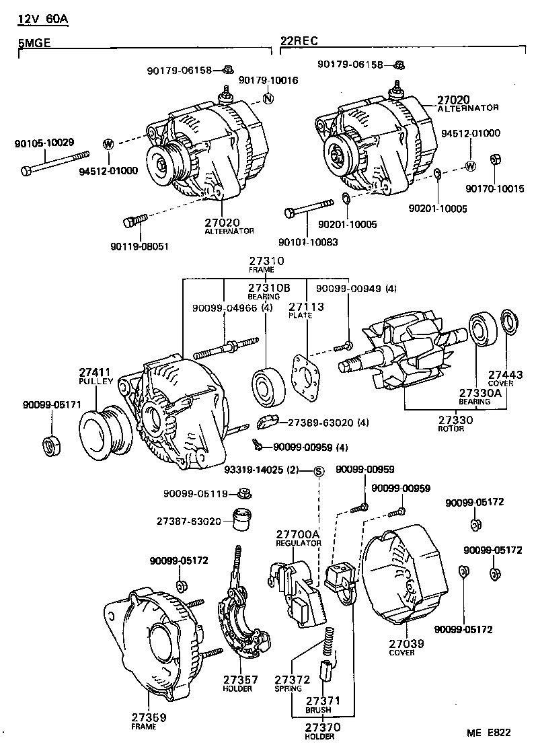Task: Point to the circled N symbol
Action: pyautogui.click(x=268, y=100)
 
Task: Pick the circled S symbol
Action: pyautogui.click(x=319, y=470)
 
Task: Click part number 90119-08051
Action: pyautogui.click(x=141, y=246)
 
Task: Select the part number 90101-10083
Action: pyautogui.click(x=309, y=242)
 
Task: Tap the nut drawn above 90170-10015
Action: pyautogui.click(x=496, y=159)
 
